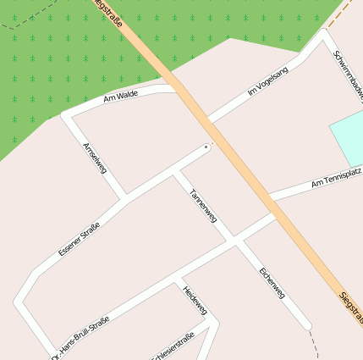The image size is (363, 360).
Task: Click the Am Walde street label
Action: coord(120,97)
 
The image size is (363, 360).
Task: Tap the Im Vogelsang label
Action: coord(267,81)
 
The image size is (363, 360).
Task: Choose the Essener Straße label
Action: coord(79,239)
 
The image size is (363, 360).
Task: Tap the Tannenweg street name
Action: coord(202,205)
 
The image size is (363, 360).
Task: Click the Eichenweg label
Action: coord(272,283)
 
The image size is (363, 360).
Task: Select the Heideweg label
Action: coord(195,300)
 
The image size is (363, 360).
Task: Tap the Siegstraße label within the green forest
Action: coord(108,12)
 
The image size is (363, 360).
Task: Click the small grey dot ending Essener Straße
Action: coord(206,147)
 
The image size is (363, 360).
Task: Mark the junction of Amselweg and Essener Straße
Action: coord(125,200)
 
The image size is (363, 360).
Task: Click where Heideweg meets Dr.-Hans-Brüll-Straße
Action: coord(176,278)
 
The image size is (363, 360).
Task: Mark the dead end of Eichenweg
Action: coord(306,324)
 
